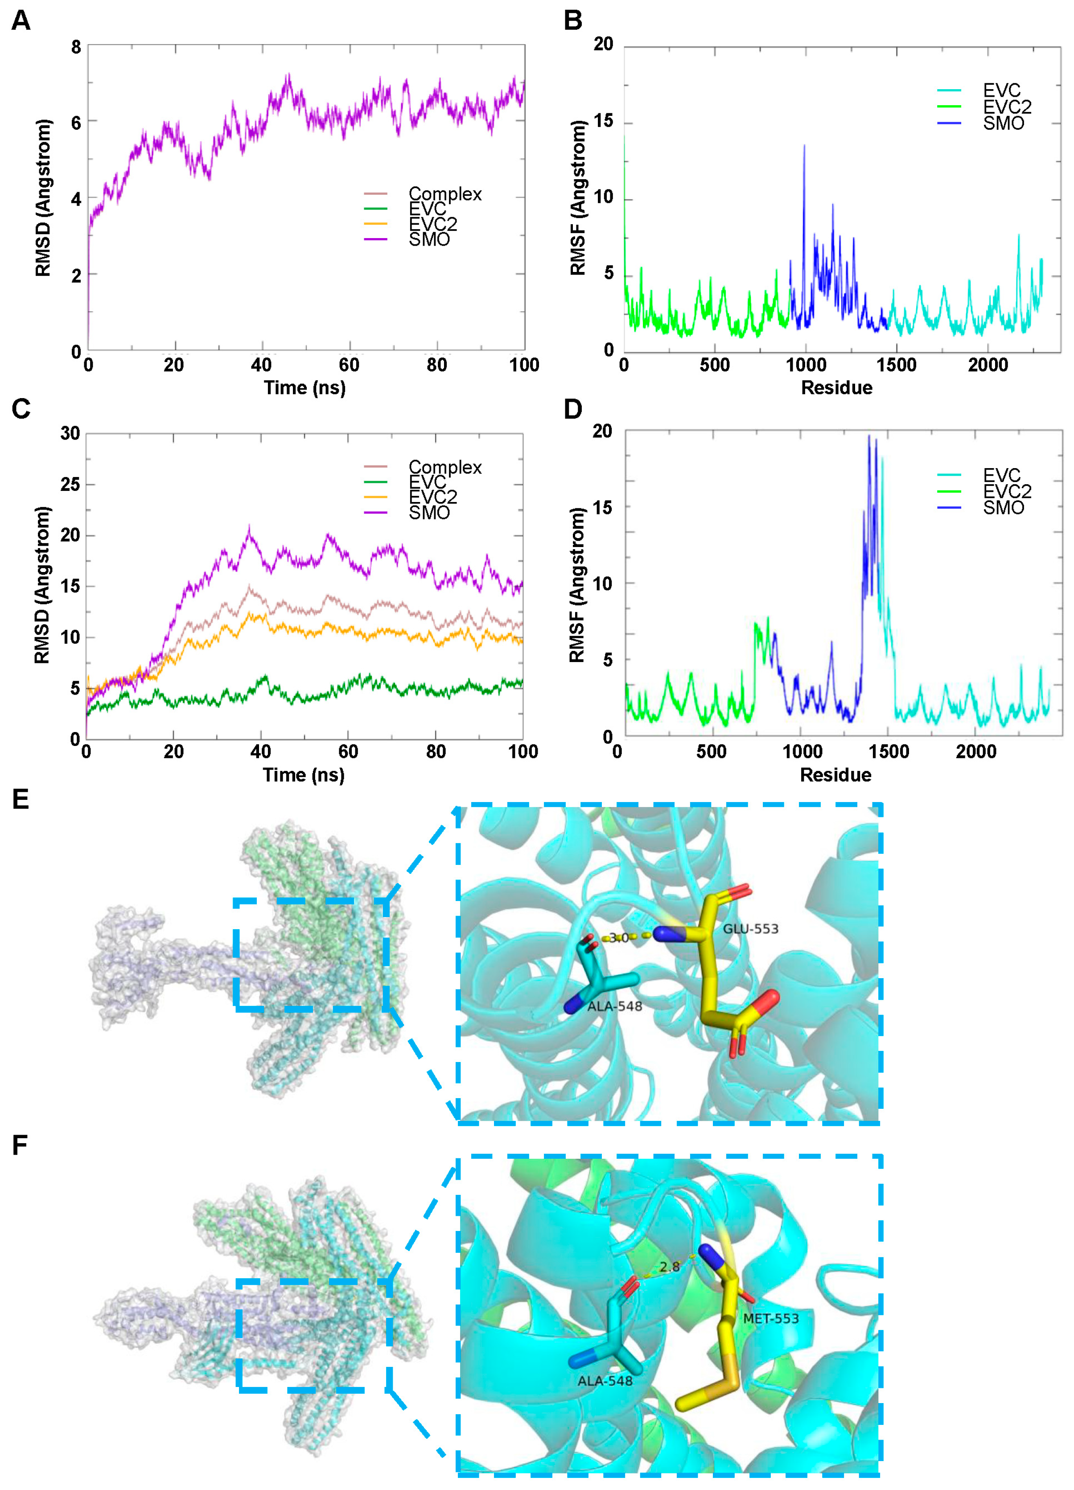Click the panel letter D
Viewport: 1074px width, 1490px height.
573,409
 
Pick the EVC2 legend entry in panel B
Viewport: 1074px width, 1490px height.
1006,107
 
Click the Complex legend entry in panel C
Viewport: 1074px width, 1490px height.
444,467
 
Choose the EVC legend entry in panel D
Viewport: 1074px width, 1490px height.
1001,475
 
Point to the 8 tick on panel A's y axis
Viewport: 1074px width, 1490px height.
76,47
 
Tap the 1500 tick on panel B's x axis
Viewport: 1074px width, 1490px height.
896,365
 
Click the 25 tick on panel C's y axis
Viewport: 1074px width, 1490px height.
70,485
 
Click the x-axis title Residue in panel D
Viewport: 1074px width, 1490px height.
835,775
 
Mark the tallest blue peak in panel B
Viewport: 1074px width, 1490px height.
804,146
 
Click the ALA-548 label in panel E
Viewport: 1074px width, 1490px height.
614,1006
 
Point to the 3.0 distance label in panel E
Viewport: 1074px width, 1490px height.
619,938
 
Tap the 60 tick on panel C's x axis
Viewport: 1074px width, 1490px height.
348,752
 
